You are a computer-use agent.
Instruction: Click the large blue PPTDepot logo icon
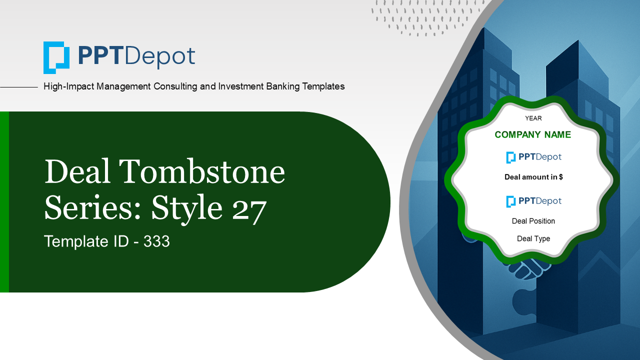coord(56,57)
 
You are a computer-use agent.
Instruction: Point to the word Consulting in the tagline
coord(175,86)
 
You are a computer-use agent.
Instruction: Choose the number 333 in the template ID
coord(156,241)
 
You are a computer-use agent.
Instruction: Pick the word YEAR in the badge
coord(533,118)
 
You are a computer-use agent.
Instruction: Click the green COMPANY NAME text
coord(533,134)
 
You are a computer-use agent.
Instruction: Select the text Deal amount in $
coord(533,177)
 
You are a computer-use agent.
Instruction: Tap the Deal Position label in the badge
coord(533,221)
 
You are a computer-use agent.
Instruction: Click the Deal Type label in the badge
coord(533,238)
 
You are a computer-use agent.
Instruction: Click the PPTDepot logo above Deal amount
coord(533,157)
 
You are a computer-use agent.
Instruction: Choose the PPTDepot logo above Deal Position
coord(533,201)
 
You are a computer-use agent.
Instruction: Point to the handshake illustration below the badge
coord(528,269)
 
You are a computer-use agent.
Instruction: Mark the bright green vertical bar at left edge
coord(4,201)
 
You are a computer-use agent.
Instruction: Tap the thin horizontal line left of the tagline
coord(19,87)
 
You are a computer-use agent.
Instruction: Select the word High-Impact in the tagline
coord(68,86)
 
